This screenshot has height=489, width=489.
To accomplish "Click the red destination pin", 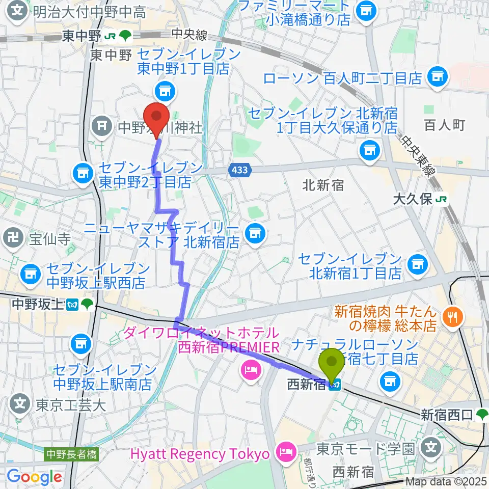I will (157, 117).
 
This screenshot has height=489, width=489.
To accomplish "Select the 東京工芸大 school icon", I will (19, 404).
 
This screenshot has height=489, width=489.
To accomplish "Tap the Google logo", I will (35, 477).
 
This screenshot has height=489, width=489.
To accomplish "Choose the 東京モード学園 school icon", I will (431, 448).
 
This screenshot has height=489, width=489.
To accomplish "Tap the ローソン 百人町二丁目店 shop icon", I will (437, 77).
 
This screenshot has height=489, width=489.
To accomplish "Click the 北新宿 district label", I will (323, 184).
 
